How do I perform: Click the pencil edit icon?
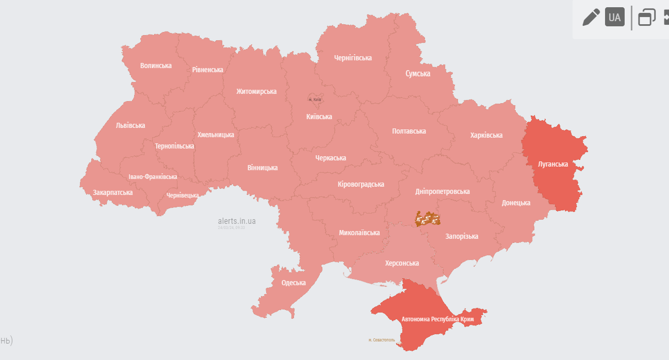coord(591,17)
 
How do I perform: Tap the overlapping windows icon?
coord(646,17)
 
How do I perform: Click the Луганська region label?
coord(552,164)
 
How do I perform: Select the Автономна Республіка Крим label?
coord(437,319)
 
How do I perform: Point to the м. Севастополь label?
coord(382,340)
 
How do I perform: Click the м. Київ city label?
coord(315,99)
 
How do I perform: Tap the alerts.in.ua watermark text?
coord(237,221)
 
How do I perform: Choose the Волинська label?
coord(156,66)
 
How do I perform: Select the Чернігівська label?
coord(353,58)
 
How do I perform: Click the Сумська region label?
coord(418,74)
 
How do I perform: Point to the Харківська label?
coord(486,135)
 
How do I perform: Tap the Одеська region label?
coord(293,283)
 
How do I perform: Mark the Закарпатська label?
coord(112,192)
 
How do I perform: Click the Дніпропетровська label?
coord(443,191)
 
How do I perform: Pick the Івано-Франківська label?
coord(153,177)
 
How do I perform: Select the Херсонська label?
coord(402,263)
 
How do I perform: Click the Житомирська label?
coord(256,91)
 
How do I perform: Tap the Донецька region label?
coord(516,203)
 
